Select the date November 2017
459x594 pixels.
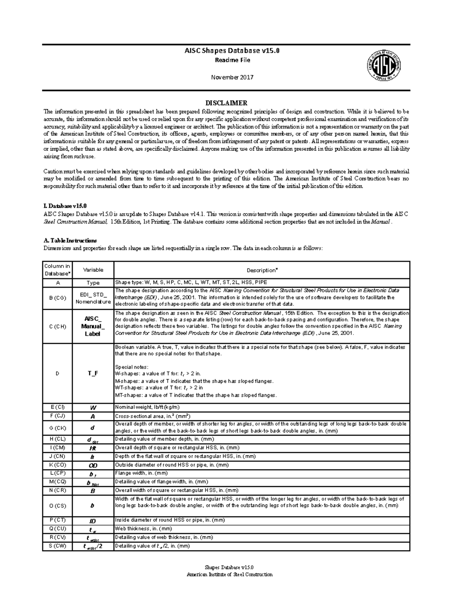click(232, 77)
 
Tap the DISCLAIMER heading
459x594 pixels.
click(226, 103)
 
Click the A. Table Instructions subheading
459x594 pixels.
click(70, 241)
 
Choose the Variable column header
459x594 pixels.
click(93, 270)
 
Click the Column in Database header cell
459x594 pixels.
click(57, 270)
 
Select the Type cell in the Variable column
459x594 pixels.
click(93, 283)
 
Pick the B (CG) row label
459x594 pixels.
click(57, 297)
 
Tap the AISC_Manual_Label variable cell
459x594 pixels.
click(93, 326)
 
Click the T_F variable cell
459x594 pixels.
click(93, 373)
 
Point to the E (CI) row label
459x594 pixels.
click(57, 407)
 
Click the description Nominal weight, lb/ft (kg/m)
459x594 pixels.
click(147, 407)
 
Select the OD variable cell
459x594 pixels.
click(93, 465)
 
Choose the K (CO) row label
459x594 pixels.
click(57, 465)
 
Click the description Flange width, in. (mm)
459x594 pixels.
click(142, 474)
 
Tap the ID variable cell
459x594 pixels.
click(93, 521)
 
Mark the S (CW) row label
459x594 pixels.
click(57, 546)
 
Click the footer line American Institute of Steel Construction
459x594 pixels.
click(229, 574)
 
